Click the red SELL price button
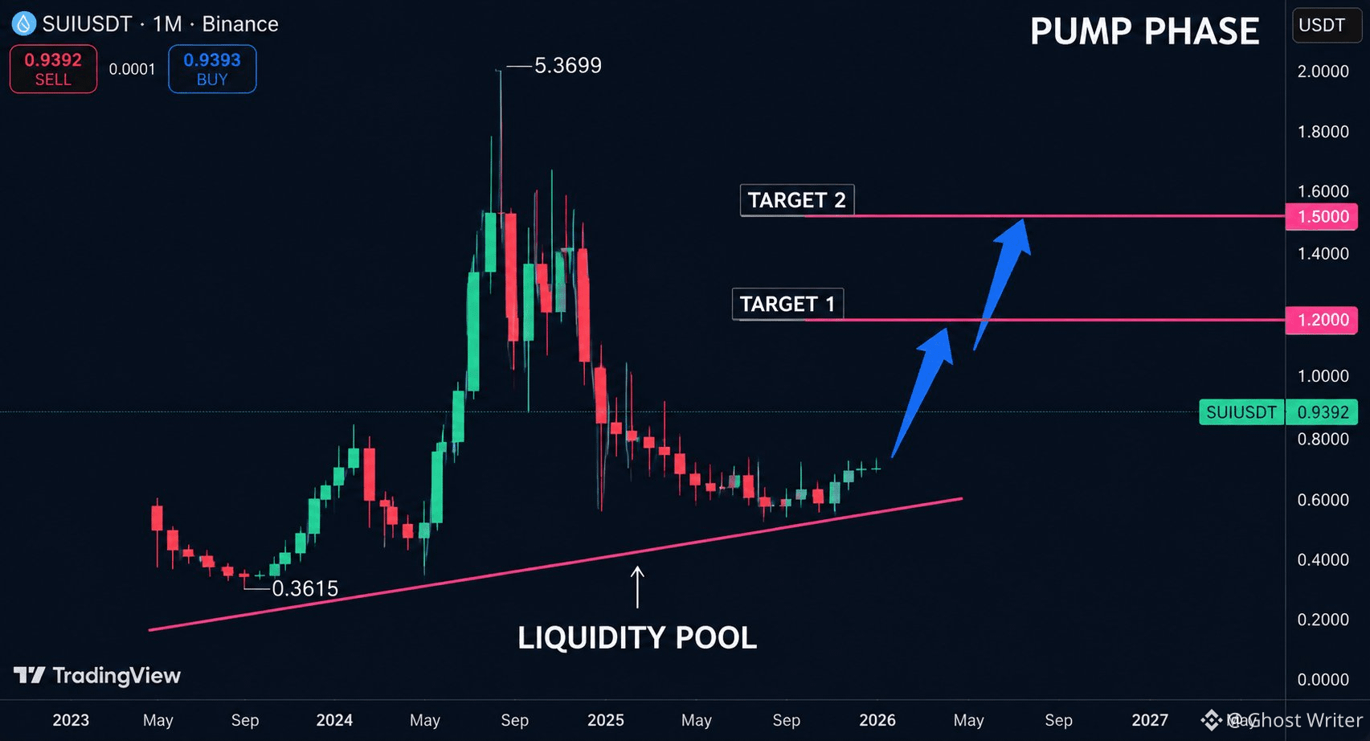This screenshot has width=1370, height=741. point(53,69)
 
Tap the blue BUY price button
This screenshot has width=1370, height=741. point(212,69)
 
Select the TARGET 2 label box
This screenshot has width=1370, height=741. point(797,200)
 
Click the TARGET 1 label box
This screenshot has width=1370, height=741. point(787,304)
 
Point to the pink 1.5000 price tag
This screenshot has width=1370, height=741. point(1321,217)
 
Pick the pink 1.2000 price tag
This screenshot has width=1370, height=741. point(1321,320)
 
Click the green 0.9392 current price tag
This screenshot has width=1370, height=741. point(1321,412)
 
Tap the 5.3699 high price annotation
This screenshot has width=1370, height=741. point(567,65)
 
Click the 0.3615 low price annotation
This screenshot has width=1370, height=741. point(305,588)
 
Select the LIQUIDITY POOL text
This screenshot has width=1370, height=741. point(637,637)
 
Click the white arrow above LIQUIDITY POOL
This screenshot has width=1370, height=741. point(637,587)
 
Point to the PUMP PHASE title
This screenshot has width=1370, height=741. point(1145,31)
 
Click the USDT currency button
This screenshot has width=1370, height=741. point(1323,25)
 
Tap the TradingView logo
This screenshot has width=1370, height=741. point(97,676)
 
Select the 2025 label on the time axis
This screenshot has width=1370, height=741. point(606,720)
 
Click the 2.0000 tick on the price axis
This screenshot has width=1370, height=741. point(1323,72)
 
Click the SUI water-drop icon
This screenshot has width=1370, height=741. point(24,24)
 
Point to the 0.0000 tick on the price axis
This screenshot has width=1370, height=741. point(1323,679)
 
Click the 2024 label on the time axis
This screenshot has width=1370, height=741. point(334,720)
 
